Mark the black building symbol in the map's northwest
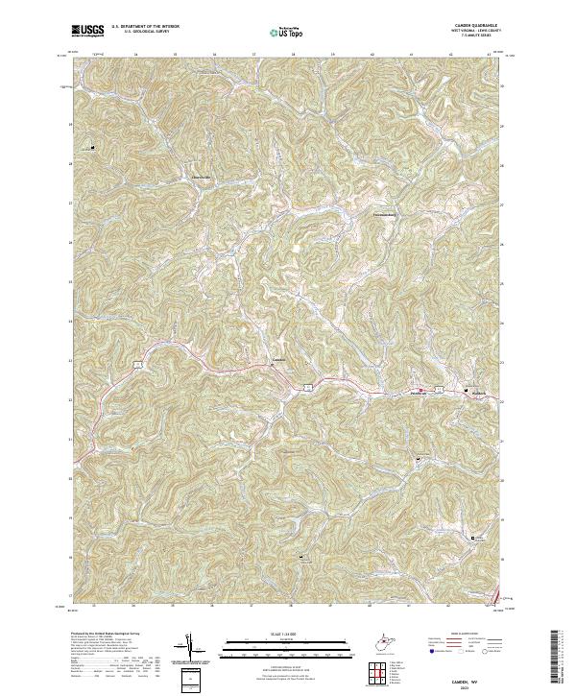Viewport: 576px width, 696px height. tap(93, 147)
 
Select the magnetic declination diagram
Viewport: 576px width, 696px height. tap(190, 648)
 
